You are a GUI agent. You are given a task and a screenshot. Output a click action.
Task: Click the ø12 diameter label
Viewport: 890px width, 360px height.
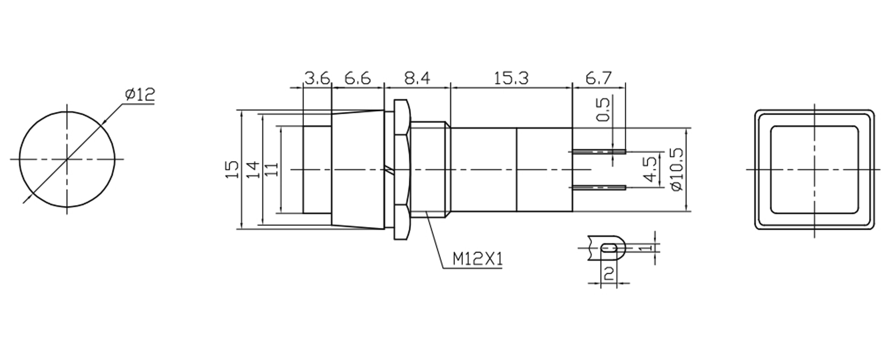pos(140,94)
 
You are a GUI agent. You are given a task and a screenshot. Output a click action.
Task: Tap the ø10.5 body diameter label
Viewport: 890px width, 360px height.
pos(677,169)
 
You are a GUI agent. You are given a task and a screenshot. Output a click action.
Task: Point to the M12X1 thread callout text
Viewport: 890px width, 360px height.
pos(477,259)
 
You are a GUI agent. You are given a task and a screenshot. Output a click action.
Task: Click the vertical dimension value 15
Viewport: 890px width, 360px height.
pos(232,169)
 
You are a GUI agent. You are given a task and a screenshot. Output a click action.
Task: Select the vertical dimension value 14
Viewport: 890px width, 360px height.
pos(253,169)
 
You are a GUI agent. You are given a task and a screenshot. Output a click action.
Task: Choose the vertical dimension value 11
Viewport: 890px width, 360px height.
pos(273,169)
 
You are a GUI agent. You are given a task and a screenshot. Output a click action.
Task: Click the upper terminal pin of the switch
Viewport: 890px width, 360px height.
pos(599,152)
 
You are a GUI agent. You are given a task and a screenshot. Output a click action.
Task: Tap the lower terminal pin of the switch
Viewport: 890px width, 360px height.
pos(599,187)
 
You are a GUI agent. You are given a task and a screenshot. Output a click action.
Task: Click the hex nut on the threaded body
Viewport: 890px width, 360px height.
pos(401,169)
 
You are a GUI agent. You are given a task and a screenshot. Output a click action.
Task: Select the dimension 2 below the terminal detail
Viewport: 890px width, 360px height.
pos(608,274)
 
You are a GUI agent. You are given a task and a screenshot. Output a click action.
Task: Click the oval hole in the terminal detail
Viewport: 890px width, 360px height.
pos(609,247)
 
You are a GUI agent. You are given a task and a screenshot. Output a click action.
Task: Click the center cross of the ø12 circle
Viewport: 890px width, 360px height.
pos(67,159)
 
